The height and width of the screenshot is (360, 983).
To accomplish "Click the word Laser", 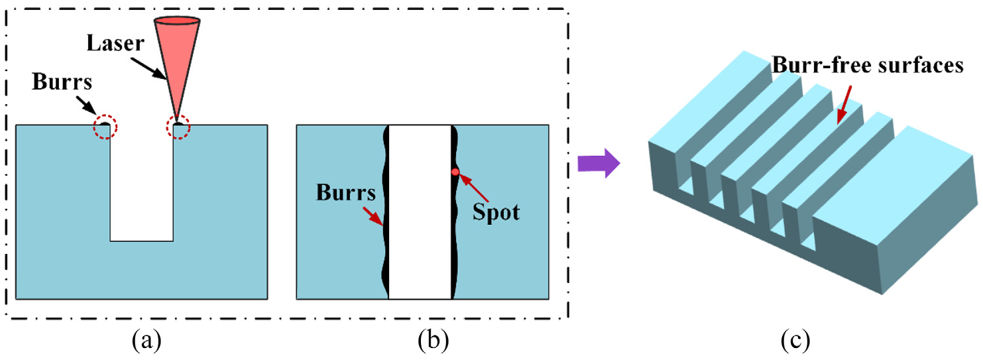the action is tap(115, 43).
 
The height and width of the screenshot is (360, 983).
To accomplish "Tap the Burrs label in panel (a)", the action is tap(62, 82).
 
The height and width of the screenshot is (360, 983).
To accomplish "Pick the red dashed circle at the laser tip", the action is tap(178, 127).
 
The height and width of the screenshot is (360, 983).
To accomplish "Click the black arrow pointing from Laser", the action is tap(148, 68).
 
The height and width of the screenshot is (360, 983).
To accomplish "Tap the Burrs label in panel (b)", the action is tap(346, 193).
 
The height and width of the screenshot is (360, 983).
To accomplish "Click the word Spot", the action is tap(496, 213).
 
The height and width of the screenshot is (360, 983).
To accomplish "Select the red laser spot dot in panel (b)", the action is tap(455, 172).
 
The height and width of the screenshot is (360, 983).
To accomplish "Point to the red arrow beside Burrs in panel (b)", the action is tap(373, 216).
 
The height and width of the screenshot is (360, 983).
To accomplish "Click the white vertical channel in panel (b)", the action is tap(420, 212).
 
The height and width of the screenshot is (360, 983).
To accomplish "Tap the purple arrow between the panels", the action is tap(599, 163).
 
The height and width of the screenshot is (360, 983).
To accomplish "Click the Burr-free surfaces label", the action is tap(868, 65).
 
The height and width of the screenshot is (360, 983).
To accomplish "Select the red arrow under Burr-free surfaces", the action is tap(844, 105).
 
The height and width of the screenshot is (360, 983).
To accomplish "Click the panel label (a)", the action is tap(146, 340).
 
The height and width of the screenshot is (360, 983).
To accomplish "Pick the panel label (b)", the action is tap(433, 340).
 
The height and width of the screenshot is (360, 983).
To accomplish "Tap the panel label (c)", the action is tap(795, 340).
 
